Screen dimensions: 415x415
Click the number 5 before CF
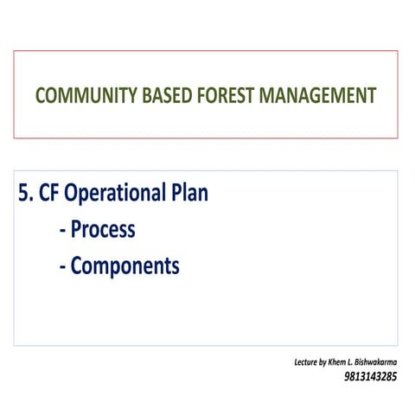click(24, 193)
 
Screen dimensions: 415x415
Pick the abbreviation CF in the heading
click(50, 193)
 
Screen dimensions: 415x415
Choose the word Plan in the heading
click(189, 193)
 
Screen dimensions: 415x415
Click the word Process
click(103, 229)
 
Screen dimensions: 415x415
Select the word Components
click(124, 266)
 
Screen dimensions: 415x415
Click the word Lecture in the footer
click(305, 361)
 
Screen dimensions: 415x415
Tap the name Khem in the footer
click(337, 361)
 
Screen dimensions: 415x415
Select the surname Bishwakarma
click(377, 361)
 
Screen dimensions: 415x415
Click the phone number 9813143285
click(370, 377)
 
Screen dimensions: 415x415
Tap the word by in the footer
click(322, 361)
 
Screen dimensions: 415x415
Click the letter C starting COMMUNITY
click(41, 95)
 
